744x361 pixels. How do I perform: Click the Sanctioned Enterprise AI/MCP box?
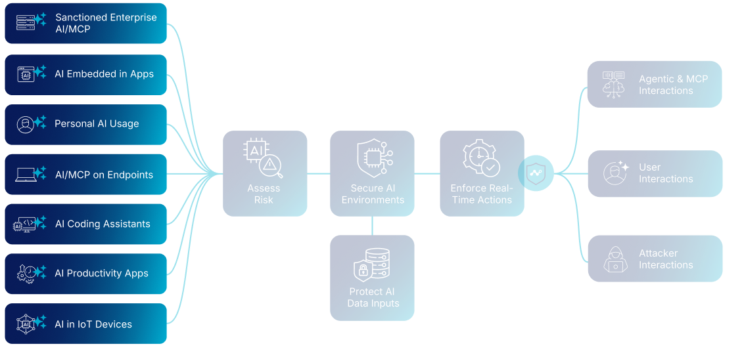pyautogui.click(x=85, y=23)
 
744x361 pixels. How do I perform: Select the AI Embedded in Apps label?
pyautogui.click(x=104, y=74)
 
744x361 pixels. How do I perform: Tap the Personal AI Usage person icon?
pyautogui.click(x=26, y=125)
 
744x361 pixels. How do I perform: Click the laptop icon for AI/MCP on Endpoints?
pyautogui.click(x=26, y=175)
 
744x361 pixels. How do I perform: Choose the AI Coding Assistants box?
pyautogui.click(x=85, y=224)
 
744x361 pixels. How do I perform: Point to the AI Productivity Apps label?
pyautogui.click(x=101, y=274)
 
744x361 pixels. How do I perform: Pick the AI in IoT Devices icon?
pyautogui.click(x=26, y=324)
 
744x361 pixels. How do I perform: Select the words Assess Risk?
pyautogui.click(x=264, y=194)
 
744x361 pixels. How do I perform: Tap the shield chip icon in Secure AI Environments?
pyautogui.click(x=373, y=158)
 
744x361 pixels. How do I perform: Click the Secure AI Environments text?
pyautogui.click(x=373, y=194)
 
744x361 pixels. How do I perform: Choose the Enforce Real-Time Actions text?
pyautogui.click(x=482, y=194)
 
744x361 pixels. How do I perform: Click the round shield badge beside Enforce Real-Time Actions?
pyautogui.click(x=536, y=174)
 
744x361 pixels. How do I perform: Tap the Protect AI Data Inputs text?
pyautogui.click(x=373, y=297)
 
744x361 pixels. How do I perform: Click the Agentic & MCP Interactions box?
pyautogui.click(x=655, y=84)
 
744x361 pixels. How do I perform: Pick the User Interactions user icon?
pyautogui.click(x=615, y=173)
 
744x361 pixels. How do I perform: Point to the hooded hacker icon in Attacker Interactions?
pyautogui.click(x=615, y=259)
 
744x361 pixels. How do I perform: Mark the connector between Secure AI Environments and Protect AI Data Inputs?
pyautogui.click(x=373, y=226)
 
